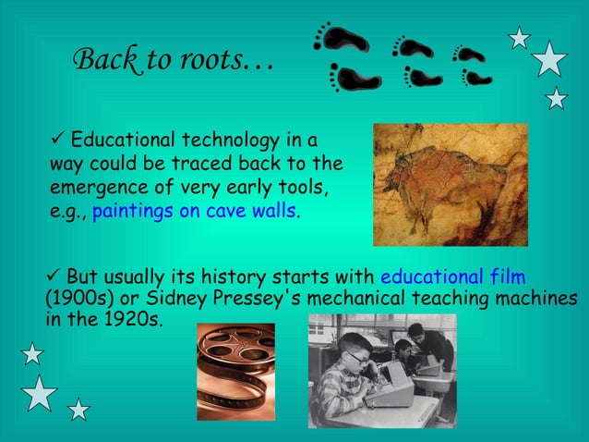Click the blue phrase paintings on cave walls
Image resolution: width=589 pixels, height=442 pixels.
(195, 210)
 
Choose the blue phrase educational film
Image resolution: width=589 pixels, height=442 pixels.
(452, 276)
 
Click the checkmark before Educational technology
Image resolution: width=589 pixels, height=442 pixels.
(58, 140)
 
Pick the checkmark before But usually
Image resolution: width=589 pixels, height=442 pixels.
(53, 276)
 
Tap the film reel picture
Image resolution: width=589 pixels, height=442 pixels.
(235, 371)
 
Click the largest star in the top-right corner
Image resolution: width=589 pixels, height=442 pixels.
(550, 59)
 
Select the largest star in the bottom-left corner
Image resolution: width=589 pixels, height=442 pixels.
(40, 393)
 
